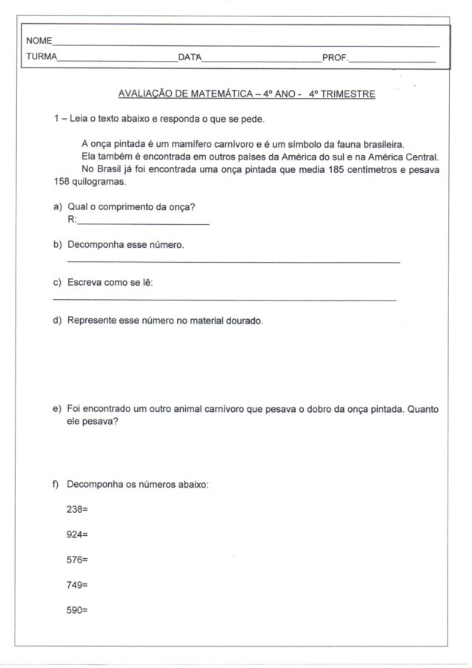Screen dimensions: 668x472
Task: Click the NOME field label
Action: point(39,40)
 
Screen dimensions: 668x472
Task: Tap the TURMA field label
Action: point(41,57)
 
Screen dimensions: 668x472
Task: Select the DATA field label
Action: point(190,57)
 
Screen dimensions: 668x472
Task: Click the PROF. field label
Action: point(334,57)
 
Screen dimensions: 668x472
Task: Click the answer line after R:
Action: point(142,223)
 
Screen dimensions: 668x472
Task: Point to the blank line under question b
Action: point(233,262)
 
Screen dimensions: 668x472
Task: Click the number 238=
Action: point(77,509)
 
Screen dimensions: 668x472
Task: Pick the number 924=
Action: point(77,534)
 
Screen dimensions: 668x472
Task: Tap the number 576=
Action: point(77,560)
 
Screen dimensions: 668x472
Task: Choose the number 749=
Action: point(77,585)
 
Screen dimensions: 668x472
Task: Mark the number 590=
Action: point(77,610)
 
